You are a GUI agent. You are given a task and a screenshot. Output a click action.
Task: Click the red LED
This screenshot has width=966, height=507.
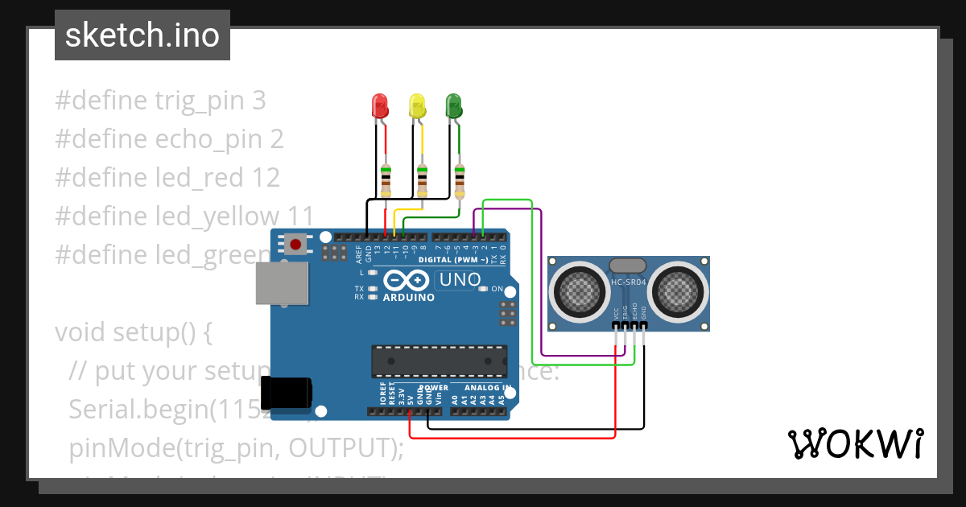coord(379,106)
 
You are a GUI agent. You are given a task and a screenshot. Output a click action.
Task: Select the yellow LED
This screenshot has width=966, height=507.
coord(417,106)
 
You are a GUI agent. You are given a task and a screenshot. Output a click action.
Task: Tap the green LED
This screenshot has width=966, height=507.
coord(454,106)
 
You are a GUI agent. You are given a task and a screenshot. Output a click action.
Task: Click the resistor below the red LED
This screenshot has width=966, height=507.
coord(386,180)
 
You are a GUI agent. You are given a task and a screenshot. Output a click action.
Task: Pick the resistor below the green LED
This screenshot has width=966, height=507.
coord(460,180)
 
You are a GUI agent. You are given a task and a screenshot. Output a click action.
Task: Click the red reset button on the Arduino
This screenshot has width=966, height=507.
coord(295,244)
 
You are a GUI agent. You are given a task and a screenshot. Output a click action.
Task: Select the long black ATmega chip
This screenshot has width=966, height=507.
coord(439,361)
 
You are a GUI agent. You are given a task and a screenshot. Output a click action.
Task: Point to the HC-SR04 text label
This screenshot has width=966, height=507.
coord(629,282)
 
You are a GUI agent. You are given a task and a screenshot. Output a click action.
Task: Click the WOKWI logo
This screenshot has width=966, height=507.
coord(855,443)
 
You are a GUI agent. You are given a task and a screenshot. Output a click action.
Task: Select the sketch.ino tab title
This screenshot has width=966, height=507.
coord(142,35)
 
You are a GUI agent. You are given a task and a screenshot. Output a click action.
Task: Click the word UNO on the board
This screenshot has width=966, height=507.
coord(459,281)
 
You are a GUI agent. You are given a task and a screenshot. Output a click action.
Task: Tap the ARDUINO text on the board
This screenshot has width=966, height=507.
coord(409,297)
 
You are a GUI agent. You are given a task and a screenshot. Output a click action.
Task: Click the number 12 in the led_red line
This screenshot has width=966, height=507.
coord(265,177)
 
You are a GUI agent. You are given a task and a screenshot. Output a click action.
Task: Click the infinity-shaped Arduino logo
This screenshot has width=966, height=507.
coord(407,280)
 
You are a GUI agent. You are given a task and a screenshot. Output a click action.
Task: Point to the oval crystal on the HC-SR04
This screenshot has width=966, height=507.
coord(628,266)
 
